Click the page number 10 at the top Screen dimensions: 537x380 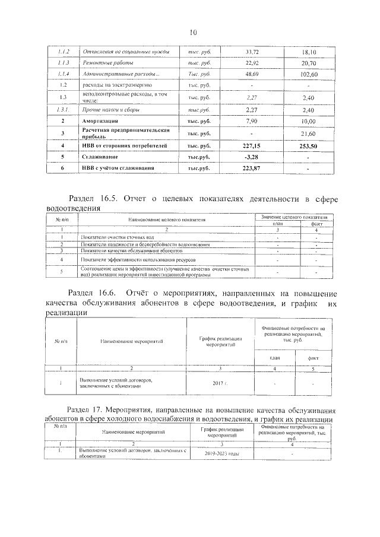click(193, 32)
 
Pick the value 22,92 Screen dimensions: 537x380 click(252, 63)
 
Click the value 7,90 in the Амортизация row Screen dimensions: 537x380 click(252, 121)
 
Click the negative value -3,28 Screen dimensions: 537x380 click(252, 157)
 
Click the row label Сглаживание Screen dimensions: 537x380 click(100, 157)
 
